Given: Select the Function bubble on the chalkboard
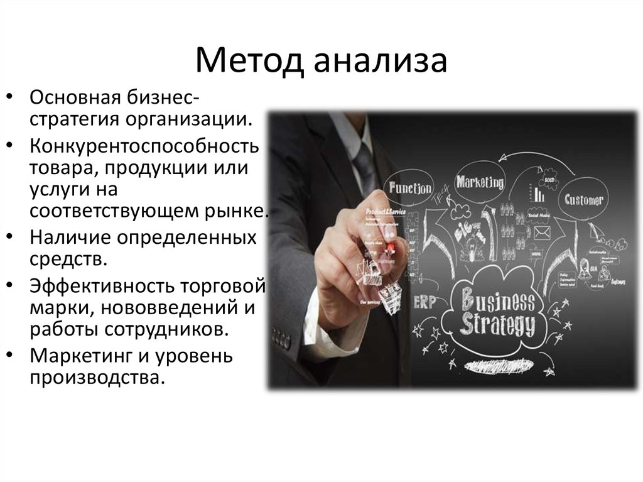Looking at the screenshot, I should click(410, 188).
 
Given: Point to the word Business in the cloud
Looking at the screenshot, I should click(497, 301).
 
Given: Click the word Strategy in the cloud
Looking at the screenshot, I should click(497, 326).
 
